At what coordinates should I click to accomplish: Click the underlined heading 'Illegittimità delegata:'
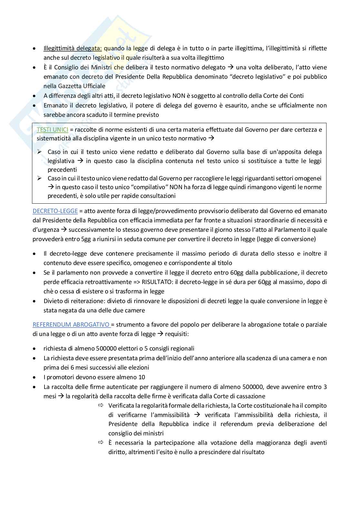coord(73,48)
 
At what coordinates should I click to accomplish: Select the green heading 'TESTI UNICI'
coord(52,129)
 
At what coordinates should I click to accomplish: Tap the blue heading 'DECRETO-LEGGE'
coord(55,211)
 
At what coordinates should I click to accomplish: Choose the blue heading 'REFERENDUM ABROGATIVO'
coord(71,325)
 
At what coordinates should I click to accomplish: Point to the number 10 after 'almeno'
coord(142,377)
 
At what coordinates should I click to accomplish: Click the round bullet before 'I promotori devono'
coord(35,377)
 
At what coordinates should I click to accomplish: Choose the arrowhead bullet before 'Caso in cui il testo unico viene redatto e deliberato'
coord(39,152)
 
